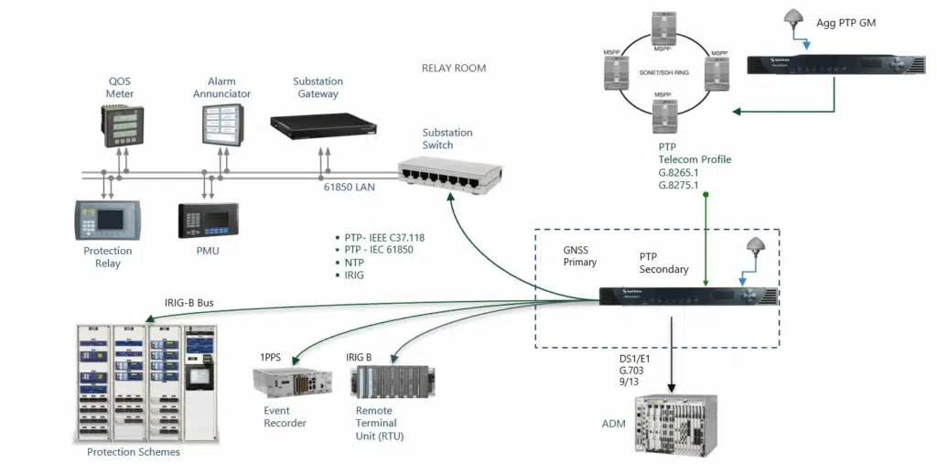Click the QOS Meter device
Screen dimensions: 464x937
pyautogui.click(x=120, y=125)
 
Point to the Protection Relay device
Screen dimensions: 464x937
pyautogui.click(x=108, y=221)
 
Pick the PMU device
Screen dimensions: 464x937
pyautogui.click(x=208, y=221)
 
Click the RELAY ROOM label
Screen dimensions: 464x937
pyautogui.click(x=454, y=68)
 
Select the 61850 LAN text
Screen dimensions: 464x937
pyautogui.click(x=349, y=187)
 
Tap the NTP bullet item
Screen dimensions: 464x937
pyautogui.click(x=353, y=262)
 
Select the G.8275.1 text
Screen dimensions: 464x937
pyautogui.click(x=678, y=185)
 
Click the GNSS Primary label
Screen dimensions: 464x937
pyautogui.click(x=580, y=255)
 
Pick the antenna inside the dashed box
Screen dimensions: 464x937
pyautogui.click(x=756, y=247)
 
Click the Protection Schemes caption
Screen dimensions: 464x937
pyautogui.click(x=134, y=452)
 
